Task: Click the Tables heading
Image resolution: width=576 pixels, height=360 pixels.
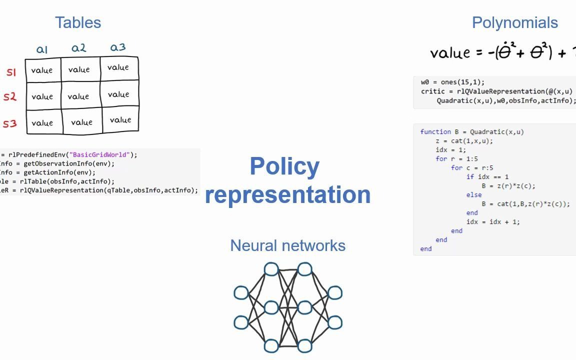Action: [78, 22]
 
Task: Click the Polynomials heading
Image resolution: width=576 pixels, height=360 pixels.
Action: [514, 22]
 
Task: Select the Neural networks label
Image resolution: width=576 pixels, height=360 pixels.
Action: [287, 245]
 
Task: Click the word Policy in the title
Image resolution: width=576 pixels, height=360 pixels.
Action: [284, 166]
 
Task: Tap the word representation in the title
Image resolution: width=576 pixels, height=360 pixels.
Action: [287, 194]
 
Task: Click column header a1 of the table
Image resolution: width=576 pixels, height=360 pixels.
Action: [42, 49]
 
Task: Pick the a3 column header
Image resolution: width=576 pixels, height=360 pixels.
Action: [118, 47]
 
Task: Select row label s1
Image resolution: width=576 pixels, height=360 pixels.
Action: [11, 72]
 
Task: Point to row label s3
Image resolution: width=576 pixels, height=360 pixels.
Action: [10, 123]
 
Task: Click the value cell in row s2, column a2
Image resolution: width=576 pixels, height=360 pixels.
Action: [78, 96]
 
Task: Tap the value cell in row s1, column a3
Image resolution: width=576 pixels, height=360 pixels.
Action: [118, 67]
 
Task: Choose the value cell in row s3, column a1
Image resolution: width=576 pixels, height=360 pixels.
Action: [42, 123]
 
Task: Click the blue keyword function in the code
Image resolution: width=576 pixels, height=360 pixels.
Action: [435, 132]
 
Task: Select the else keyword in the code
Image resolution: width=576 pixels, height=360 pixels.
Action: [473, 195]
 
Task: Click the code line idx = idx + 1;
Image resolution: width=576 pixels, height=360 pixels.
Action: [492, 222]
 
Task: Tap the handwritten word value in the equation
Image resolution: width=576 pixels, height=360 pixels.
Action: [450, 53]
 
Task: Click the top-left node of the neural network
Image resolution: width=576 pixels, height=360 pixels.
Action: [271, 269]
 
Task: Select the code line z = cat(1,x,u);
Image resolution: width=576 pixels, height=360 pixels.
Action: [464, 141]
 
